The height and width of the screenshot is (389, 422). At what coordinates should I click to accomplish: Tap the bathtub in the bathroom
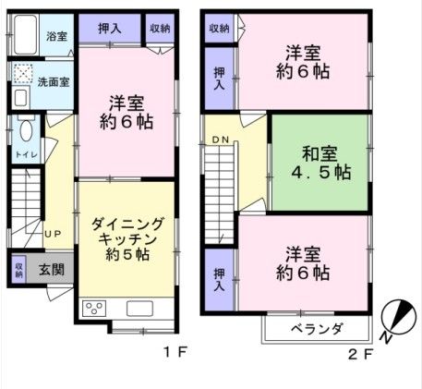(x=28, y=38)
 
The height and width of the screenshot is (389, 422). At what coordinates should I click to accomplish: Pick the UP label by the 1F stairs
(x=53, y=234)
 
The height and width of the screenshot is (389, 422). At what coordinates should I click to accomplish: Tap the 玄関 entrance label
(x=51, y=270)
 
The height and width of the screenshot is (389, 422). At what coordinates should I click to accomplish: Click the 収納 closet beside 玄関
(x=18, y=270)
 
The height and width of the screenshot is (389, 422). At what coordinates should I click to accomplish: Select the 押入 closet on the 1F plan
(x=110, y=29)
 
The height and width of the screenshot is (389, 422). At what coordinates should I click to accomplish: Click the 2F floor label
(x=359, y=351)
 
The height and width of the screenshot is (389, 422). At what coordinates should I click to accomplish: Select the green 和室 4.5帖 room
(x=319, y=163)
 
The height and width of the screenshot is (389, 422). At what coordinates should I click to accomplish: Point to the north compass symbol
(x=395, y=320)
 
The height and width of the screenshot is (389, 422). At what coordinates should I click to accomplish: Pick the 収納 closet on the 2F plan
(x=219, y=29)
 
